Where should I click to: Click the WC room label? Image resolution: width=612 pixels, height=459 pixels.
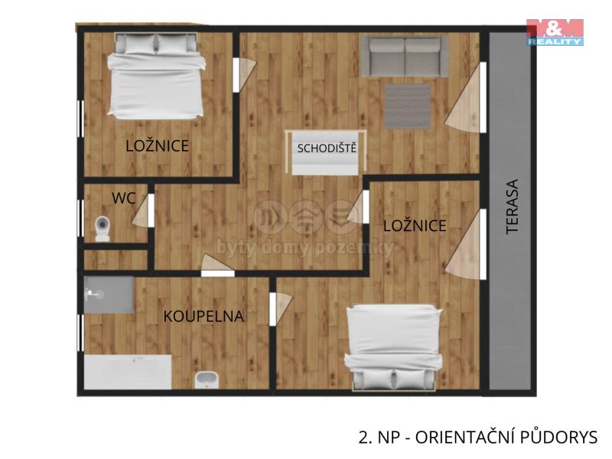coord(124,198)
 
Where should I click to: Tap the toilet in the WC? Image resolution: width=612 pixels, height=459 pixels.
coord(103,229)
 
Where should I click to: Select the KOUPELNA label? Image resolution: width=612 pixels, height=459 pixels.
coord(203,316)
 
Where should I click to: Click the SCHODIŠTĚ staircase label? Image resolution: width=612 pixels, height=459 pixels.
coord(327,148)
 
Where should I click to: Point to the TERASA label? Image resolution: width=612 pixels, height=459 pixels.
coord(512,207)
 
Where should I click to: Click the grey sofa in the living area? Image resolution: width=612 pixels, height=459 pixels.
coord(405,56)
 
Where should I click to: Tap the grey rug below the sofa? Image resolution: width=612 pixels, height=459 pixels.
coord(408,106)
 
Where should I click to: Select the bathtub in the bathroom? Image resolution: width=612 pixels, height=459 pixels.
coord(128,372)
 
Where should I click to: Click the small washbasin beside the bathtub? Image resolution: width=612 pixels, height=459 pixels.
coord(207,379)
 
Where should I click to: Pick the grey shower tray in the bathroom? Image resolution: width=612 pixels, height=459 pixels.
coord(109,295)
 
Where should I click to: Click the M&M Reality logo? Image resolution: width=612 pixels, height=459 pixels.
coord(555,32)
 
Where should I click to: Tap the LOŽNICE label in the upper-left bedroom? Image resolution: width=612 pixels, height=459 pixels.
coord(158,146)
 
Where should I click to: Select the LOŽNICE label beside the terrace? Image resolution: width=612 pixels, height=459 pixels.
coord(415,226)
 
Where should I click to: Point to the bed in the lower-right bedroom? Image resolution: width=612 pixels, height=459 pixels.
coord(393,348)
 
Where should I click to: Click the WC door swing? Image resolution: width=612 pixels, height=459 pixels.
coord(142,211)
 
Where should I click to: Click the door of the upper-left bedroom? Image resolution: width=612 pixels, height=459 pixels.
coord(244,75)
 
